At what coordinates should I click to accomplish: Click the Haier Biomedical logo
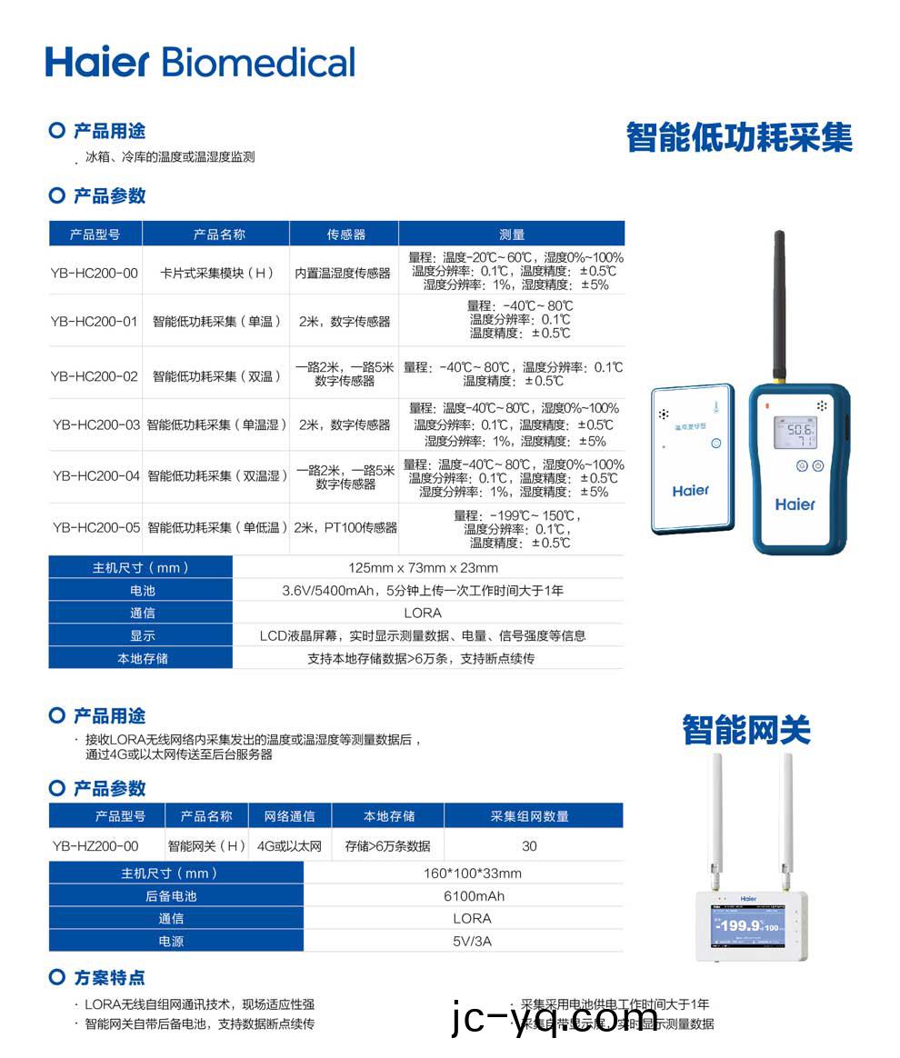coord(200,62)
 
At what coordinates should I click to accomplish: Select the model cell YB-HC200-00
coord(95,273)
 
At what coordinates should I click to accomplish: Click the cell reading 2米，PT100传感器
coord(345,527)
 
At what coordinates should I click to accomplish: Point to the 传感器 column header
coord(345,234)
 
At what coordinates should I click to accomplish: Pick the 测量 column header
coord(512,234)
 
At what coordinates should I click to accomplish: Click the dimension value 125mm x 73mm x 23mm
coord(423,568)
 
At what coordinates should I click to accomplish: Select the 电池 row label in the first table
coord(142,591)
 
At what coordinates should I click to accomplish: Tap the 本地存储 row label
coord(142,658)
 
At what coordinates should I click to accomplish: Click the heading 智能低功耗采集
coord(739,137)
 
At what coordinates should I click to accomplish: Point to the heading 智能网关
coord(745,730)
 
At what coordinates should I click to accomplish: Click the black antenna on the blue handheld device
coord(779,304)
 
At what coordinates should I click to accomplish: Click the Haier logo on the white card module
coord(691,491)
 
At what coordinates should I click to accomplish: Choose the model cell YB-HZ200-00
coord(96,846)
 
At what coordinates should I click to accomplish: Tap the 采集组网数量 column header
coord(530,816)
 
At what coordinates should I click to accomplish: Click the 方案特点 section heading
coord(109,978)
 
